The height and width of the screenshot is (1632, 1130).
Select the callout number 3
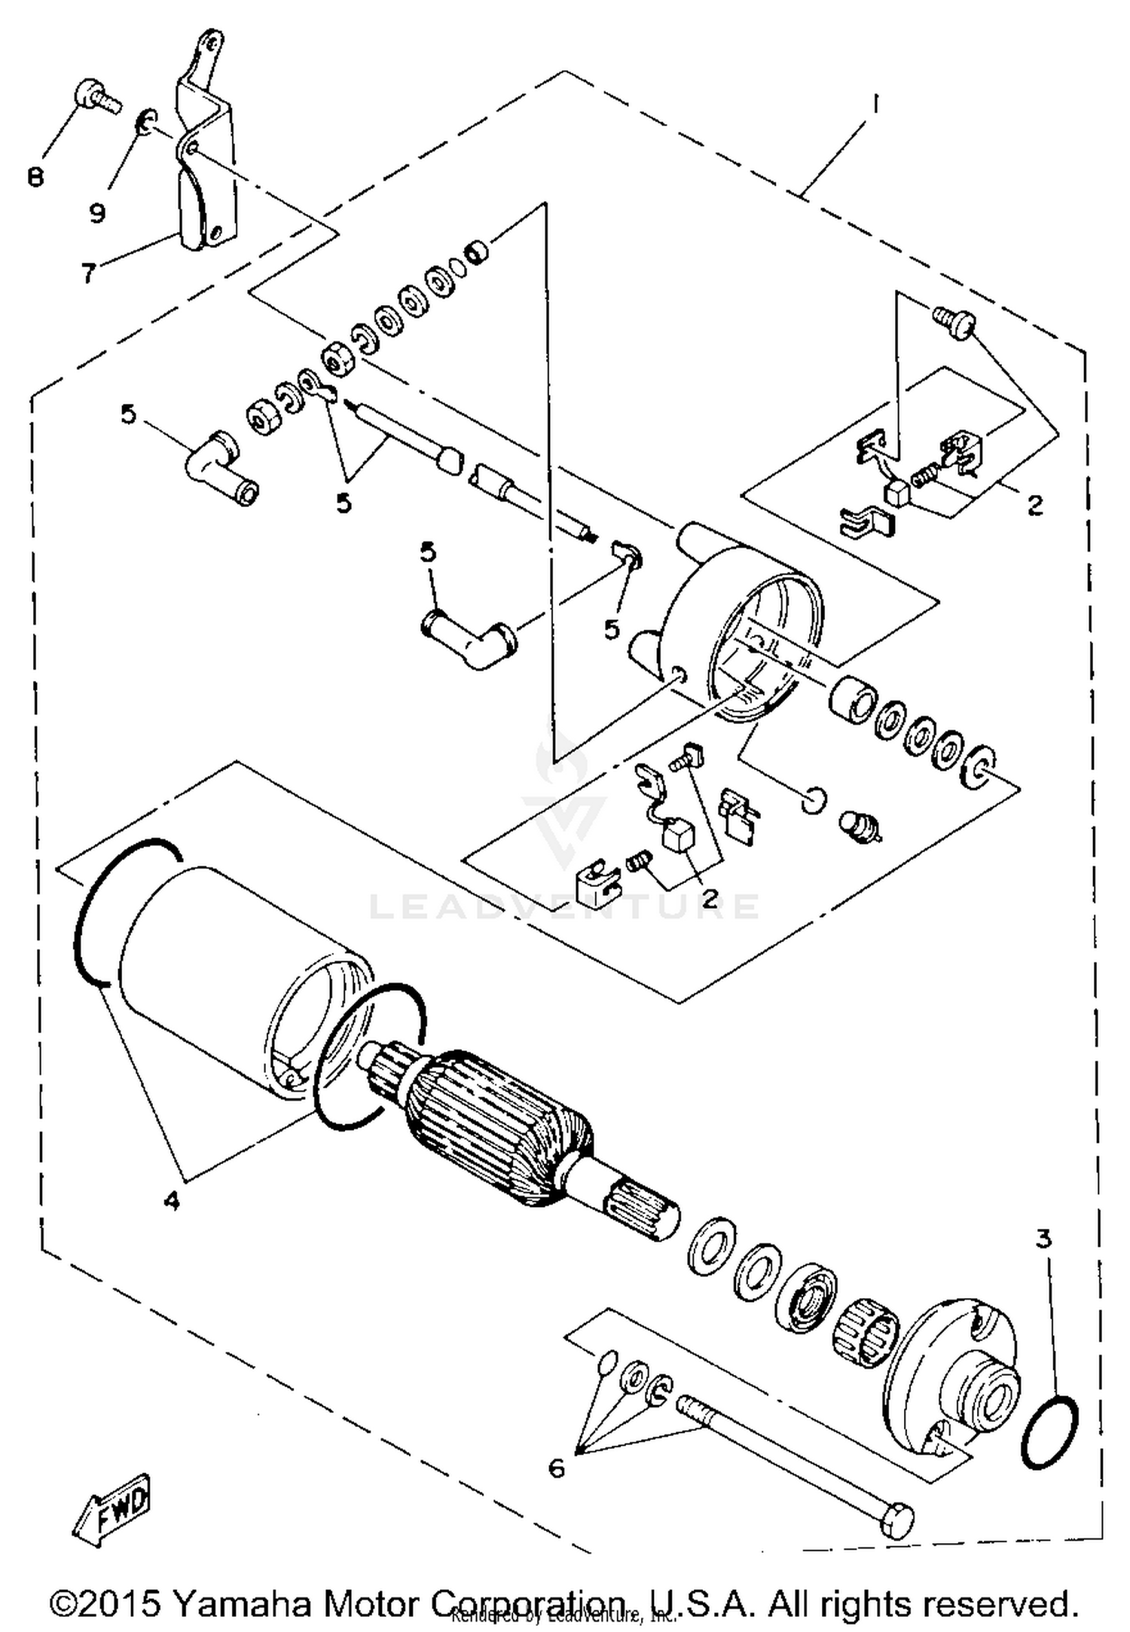click(x=1043, y=1239)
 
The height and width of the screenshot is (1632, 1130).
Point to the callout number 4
click(x=172, y=1201)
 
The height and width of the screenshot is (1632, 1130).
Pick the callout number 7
click(x=89, y=273)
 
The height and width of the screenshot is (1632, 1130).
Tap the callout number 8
click(x=35, y=177)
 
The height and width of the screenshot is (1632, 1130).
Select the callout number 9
click(x=97, y=212)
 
